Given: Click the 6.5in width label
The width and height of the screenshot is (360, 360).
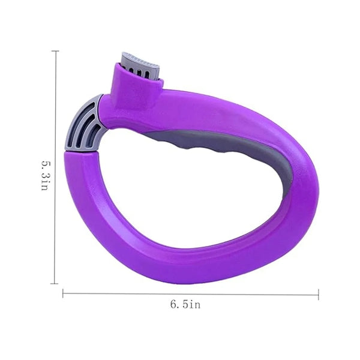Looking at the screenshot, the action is coord(185,304).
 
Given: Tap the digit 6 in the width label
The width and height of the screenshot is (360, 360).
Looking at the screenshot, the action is coord(173,305).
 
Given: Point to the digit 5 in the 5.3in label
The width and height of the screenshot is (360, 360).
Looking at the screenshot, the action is coord(44,163).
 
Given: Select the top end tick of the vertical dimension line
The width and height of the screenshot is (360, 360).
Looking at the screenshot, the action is coord(55,51).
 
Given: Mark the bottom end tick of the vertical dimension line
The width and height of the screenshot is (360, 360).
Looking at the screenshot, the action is coord(54,284).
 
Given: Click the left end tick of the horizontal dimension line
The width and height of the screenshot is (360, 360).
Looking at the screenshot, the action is coord(63,293).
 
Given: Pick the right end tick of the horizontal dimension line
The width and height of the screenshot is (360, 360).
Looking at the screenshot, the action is coord(319,295).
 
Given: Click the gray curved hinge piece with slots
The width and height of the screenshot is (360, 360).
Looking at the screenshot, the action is coord(84,124).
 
